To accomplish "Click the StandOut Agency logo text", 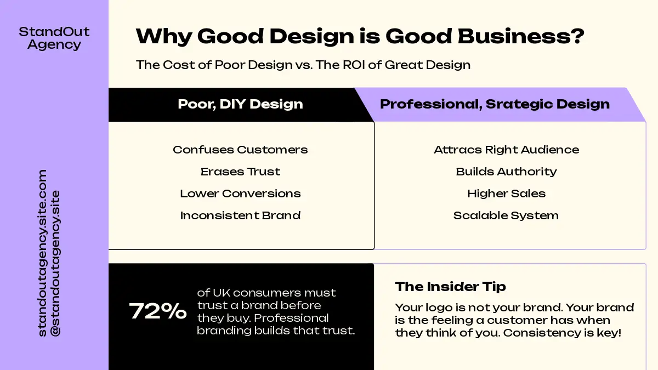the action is point(54,38).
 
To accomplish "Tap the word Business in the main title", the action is point(521,36).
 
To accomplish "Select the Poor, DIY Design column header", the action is point(240,104).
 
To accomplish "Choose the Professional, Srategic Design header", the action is point(495,104).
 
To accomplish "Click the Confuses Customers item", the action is point(240,150).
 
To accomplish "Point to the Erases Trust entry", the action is point(240,172).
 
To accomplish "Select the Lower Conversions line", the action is point(240,193).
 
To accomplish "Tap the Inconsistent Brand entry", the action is point(240,215).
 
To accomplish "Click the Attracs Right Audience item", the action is point(507,150).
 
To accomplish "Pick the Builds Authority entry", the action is point(507,172).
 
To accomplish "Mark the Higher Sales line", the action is point(507,193).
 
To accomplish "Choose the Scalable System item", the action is point(506,215).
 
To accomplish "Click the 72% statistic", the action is point(158,311).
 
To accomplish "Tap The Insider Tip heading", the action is point(450,287).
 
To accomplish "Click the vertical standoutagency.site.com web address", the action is point(42,253).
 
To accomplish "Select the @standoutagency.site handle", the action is point(55,264).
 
